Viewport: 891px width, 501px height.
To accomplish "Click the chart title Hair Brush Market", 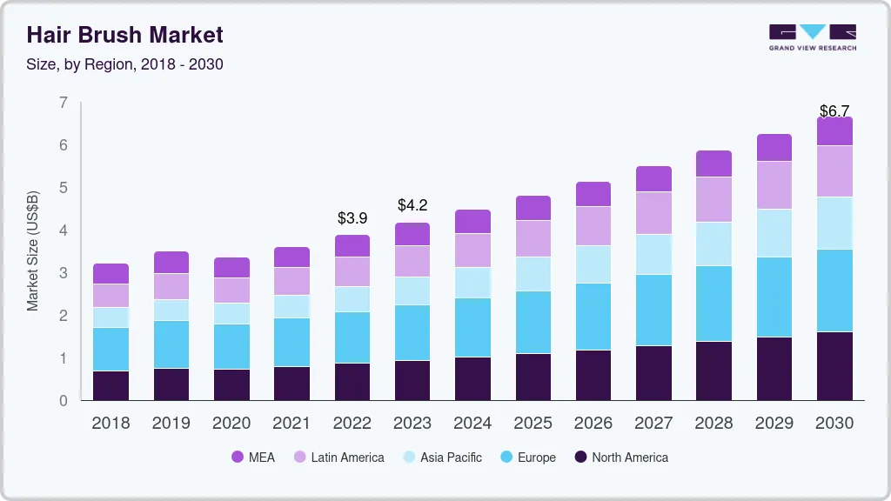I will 124,35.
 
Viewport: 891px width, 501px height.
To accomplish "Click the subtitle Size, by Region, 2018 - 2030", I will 124,64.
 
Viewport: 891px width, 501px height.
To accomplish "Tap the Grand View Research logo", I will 812,37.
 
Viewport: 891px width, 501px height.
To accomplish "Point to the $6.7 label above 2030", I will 835,111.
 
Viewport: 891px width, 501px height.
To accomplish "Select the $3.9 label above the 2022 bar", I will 353,218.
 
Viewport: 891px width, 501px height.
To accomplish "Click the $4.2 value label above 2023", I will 412,205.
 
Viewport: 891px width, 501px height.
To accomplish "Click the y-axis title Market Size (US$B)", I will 33,250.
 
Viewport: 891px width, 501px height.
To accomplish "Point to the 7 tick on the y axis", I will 64,103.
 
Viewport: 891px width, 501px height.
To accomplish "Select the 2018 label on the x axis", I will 111,424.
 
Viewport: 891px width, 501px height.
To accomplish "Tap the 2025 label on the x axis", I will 533,424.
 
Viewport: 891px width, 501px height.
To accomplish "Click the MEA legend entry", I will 252,458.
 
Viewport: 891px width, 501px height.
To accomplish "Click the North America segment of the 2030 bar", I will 835,366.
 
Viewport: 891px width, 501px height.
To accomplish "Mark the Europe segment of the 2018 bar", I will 111,349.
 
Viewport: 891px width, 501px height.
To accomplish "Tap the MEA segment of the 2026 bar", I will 593,194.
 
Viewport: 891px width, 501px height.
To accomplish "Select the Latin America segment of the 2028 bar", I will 714,199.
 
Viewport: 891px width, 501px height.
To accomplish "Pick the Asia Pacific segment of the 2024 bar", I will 473,283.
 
